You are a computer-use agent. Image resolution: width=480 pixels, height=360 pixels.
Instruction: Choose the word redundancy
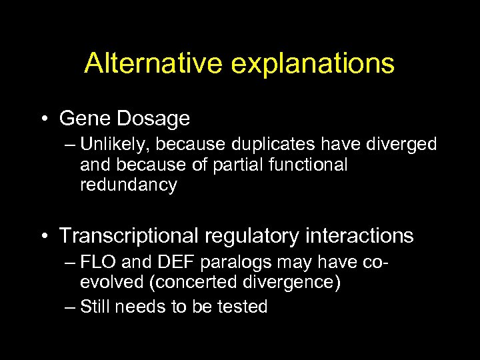point(128,185)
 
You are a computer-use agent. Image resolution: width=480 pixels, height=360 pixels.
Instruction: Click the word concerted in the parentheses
point(199,283)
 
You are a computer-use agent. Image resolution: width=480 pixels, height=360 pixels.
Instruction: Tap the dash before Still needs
point(70,307)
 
